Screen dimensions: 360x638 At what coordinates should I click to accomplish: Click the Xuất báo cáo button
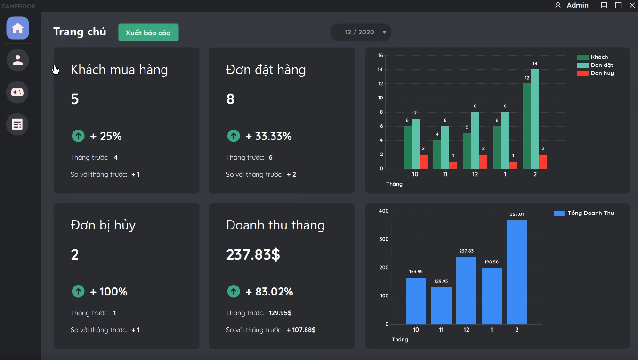point(148,33)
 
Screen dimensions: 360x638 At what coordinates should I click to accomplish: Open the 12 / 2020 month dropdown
point(361,32)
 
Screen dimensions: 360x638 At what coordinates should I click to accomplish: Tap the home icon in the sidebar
point(17,28)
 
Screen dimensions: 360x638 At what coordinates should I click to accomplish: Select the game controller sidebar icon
point(17,92)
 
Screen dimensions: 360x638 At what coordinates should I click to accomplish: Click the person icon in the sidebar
point(17,60)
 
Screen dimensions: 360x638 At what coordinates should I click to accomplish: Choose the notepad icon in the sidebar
point(17,124)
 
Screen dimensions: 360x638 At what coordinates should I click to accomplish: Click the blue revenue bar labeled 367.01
point(517,272)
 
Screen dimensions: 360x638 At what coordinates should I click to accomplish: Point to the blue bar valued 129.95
point(441,306)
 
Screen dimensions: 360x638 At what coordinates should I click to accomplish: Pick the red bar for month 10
point(423,162)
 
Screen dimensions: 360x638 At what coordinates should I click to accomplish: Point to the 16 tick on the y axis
point(380,56)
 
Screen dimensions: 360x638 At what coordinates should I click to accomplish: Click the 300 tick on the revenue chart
point(383,239)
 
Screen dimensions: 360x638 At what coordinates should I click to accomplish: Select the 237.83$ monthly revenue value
point(253,254)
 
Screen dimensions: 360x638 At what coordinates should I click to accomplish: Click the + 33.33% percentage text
point(268,136)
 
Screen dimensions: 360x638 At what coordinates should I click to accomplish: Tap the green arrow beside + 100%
point(78,291)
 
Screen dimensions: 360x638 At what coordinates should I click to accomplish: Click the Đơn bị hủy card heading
point(103,225)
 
